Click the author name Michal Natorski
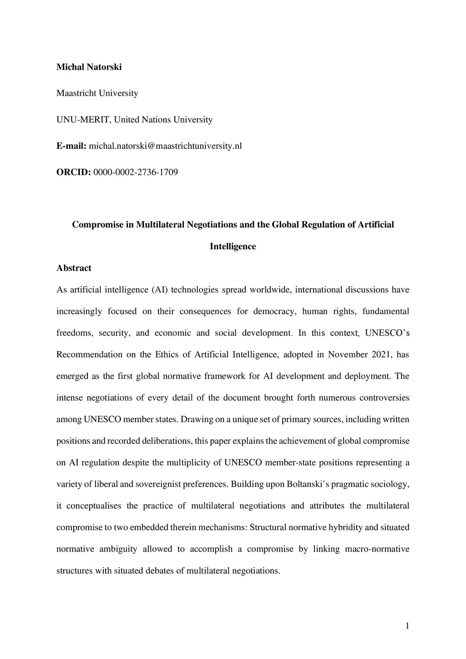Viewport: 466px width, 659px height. (x=89, y=67)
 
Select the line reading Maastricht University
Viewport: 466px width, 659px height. (x=97, y=93)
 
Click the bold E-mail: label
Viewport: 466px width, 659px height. (x=71, y=146)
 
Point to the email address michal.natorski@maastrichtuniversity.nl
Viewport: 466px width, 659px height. (x=165, y=146)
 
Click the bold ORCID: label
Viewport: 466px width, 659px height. (x=73, y=172)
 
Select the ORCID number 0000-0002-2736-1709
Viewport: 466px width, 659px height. (x=135, y=172)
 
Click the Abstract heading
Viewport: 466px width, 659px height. (x=74, y=268)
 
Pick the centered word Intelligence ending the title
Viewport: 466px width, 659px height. (x=233, y=246)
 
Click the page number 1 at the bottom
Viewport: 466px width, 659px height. (x=407, y=626)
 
